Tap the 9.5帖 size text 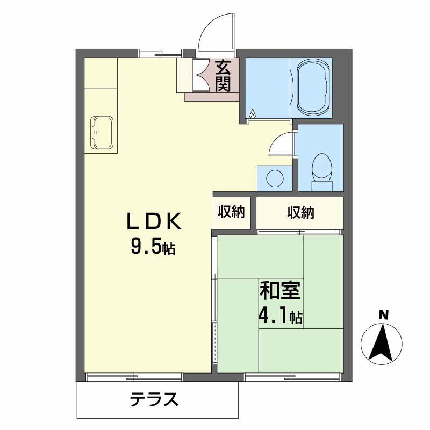pos(153,247)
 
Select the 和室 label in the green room pos(281,292)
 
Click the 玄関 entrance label pos(223,76)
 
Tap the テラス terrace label pos(154,400)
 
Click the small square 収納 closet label pos(231,212)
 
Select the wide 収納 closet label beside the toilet pos(300,212)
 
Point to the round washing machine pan pos(275,177)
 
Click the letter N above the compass pos(382,315)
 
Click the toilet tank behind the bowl pos(322,185)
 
